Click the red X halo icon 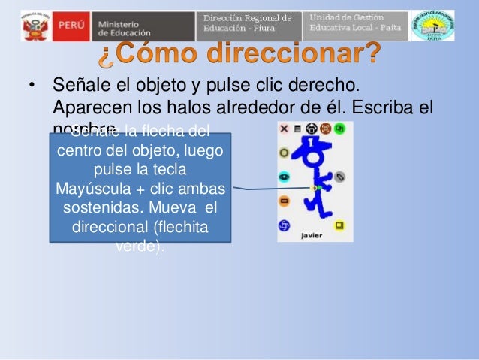284,129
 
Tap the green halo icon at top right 339,129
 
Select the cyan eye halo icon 284,177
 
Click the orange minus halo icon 284,201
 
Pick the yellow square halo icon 339,225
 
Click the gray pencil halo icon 339,177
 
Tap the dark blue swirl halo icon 284,225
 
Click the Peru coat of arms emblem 34,26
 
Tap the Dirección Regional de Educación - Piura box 248,24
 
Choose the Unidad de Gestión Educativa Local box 356,24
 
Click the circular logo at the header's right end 433,25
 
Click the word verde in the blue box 139,246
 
